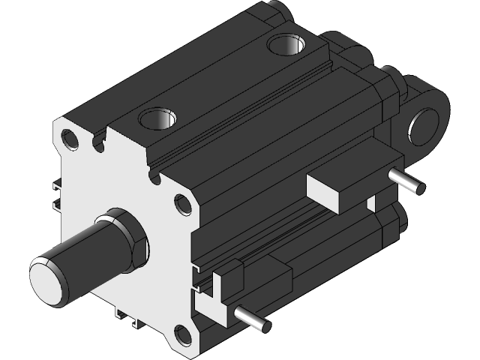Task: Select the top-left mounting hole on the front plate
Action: [71, 139]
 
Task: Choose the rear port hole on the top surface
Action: [286, 46]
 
